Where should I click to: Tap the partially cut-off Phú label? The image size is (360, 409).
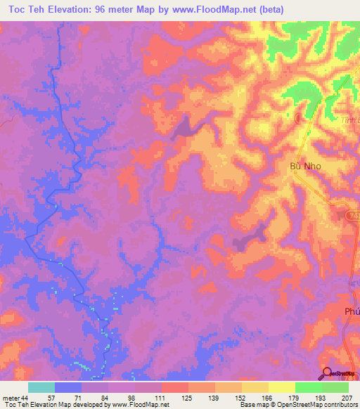pyautogui.click(x=352, y=311)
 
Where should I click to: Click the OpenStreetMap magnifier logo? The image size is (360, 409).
pyautogui.click(x=327, y=372)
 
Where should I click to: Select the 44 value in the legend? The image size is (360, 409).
pyautogui.click(x=26, y=397)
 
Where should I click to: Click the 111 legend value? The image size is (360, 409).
pyautogui.click(x=161, y=397)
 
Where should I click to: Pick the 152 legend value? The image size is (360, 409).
pyautogui.click(x=240, y=397)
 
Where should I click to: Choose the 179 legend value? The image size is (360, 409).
pyautogui.click(x=295, y=397)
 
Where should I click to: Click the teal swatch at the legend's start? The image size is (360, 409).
pyautogui.click(x=41, y=387)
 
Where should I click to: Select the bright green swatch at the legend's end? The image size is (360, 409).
pyautogui.click(x=335, y=387)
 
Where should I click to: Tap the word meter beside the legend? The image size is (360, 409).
pyautogui.click(x=11, y=397)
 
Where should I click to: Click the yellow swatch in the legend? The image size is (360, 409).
pyautogui.click(x=281, y=387)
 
